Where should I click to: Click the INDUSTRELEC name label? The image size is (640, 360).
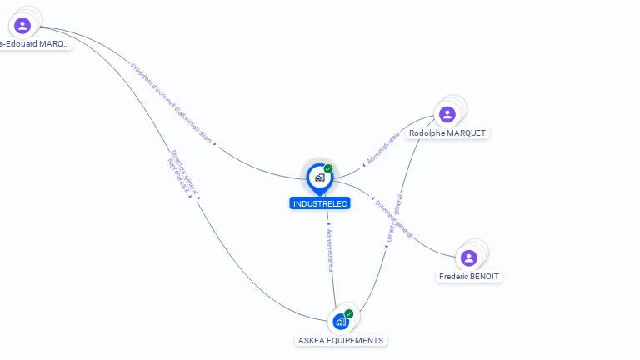[320, 203]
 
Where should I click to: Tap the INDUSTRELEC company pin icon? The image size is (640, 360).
[319, 177]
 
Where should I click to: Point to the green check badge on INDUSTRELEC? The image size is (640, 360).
[328, 169]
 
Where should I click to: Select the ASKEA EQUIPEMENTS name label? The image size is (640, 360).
[341, 340]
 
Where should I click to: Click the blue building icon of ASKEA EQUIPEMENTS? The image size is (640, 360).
[340, 321]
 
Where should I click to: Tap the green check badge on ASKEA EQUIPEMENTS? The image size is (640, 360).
[349, 313]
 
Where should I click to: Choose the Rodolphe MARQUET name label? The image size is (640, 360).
[447, 133]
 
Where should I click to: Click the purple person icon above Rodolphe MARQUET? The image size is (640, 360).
[447, 114]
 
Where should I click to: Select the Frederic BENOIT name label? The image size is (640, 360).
[471, 276]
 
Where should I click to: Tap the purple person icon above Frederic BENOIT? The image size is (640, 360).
[469, 257]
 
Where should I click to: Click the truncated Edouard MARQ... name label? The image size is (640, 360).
[35, 44]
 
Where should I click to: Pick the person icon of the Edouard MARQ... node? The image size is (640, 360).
[22, 26]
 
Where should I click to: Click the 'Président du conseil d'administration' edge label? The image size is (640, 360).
[171, 102]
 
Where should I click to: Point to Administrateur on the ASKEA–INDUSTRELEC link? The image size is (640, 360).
[330, 249]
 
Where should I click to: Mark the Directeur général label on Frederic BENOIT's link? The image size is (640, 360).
[393, 218]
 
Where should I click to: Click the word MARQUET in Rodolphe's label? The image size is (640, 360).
[467, 133]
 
